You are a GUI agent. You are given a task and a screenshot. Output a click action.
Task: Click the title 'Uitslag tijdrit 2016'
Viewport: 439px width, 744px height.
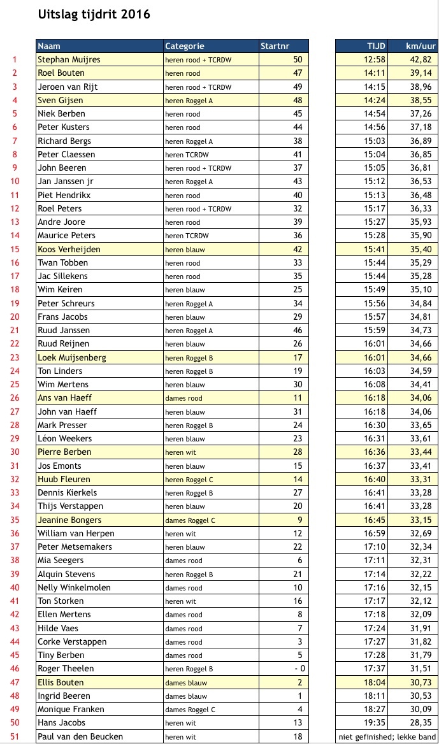tap(94, 14)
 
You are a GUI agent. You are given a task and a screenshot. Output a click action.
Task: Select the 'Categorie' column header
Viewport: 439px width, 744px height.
tap(185, 46)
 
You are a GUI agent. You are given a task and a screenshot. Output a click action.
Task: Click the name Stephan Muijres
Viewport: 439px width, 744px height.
tap(69, 60)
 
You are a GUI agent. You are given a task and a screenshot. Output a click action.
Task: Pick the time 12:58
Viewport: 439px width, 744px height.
tap(375, 60)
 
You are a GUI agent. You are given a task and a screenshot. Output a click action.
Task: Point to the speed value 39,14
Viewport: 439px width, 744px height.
tap(420, 73)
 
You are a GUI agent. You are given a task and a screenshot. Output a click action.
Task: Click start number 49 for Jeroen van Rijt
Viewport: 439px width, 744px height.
tap(298, 87)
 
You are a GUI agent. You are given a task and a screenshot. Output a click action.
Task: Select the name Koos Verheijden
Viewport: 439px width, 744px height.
tap(69, 249)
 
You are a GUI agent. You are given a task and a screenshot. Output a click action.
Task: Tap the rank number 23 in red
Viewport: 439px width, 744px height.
tap(15, 357)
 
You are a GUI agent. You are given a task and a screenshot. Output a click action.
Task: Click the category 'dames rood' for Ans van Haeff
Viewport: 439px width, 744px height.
tap(184, 398)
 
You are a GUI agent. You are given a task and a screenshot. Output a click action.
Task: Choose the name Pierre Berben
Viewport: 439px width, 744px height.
tap(64, 452)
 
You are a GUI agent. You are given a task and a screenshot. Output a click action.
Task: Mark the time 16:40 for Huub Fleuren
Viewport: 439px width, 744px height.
tap(375, 479)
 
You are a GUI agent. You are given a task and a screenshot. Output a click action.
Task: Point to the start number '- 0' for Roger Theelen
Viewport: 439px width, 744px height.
tap(298, 668)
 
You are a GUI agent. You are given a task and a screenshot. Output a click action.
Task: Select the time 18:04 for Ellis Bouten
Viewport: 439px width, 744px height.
tap(375, 682)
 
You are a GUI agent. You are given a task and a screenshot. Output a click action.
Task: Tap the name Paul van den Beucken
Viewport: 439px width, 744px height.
tap(80, 736)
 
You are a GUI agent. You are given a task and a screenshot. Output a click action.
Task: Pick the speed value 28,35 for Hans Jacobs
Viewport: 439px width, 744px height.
tap(420, 722)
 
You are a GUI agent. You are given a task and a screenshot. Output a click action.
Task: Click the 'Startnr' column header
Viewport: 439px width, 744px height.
tap(275, 46)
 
